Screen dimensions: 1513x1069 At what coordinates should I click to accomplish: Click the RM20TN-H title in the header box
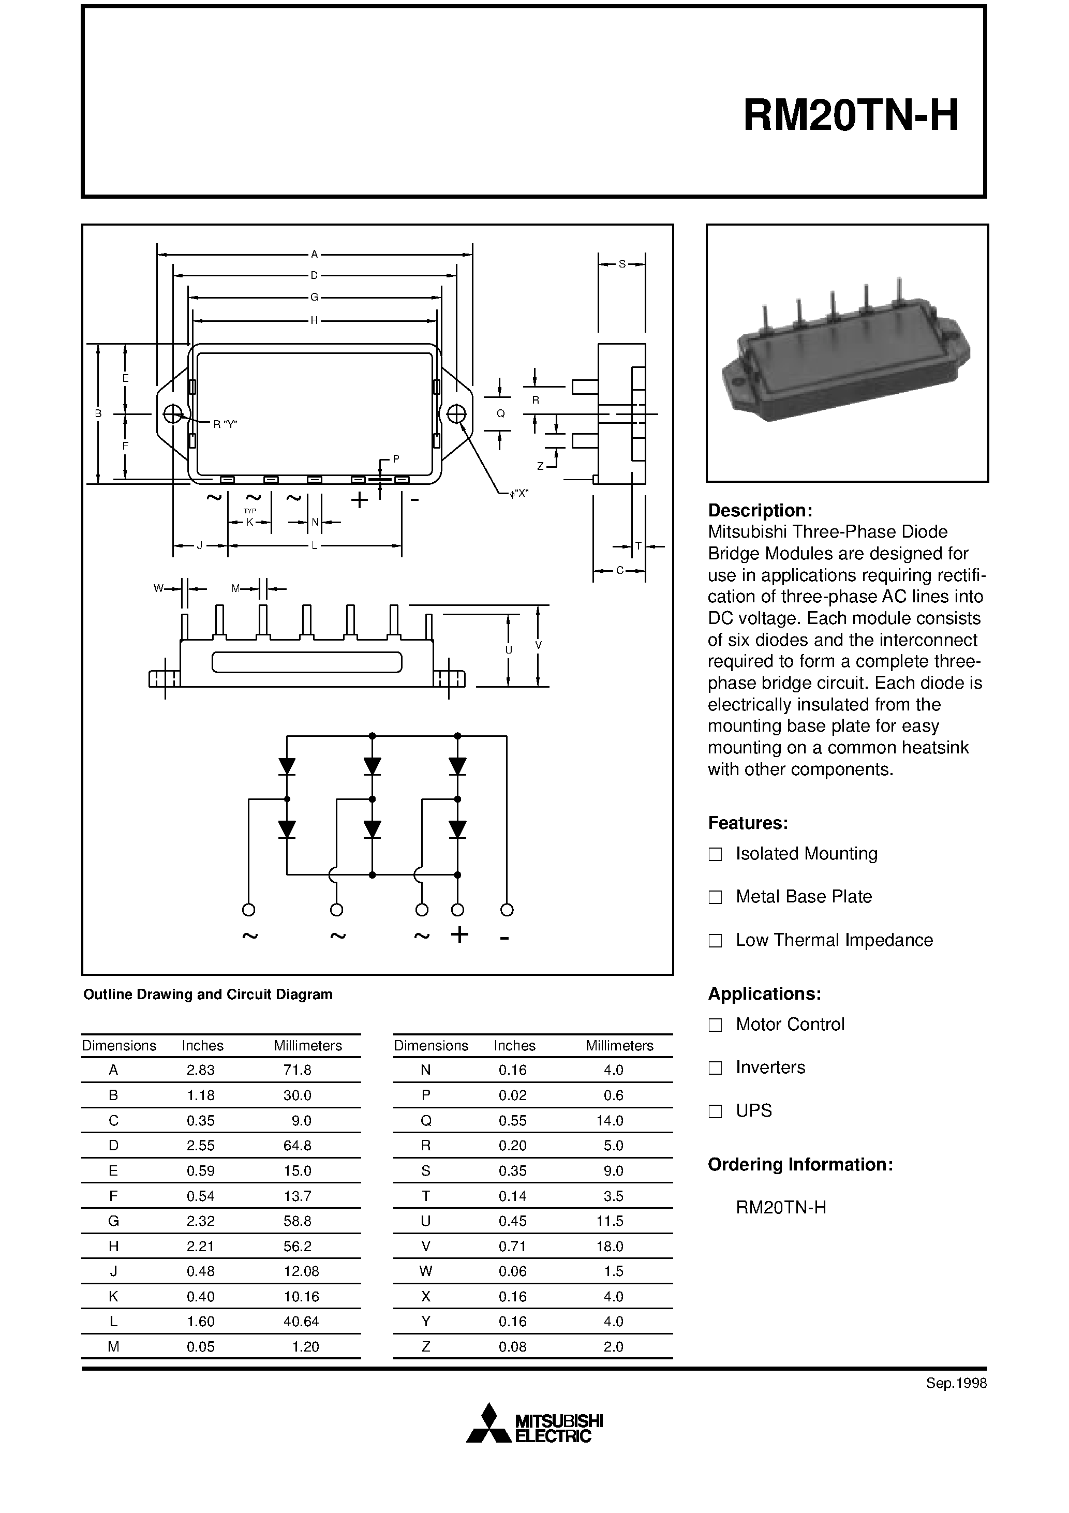point(850,116)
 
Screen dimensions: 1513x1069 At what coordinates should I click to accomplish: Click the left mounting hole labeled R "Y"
point(173,414)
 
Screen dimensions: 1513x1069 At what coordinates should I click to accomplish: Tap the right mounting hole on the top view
point(456,414)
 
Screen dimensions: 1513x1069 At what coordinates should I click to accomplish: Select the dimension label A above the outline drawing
point(315,254)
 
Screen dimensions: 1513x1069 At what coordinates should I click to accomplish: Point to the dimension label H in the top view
point(315,321)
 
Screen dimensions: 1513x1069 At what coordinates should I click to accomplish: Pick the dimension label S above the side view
point(621,264)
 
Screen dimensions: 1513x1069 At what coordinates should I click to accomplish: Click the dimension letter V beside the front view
point(539,645)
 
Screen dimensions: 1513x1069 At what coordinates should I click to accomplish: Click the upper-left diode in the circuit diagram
point(287,766)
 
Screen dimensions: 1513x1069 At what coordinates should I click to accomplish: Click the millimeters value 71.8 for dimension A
point(297,1070)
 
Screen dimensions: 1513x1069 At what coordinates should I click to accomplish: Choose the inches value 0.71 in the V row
point(512,1246)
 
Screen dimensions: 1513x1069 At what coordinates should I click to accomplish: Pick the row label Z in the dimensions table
point(426,1347)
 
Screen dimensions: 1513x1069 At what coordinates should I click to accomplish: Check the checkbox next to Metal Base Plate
point(715,897)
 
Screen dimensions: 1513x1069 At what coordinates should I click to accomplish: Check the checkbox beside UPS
point(715,1111)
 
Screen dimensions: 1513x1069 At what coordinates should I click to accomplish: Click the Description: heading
point(759,511)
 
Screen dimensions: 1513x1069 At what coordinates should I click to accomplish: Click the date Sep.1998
point(956,1384)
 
